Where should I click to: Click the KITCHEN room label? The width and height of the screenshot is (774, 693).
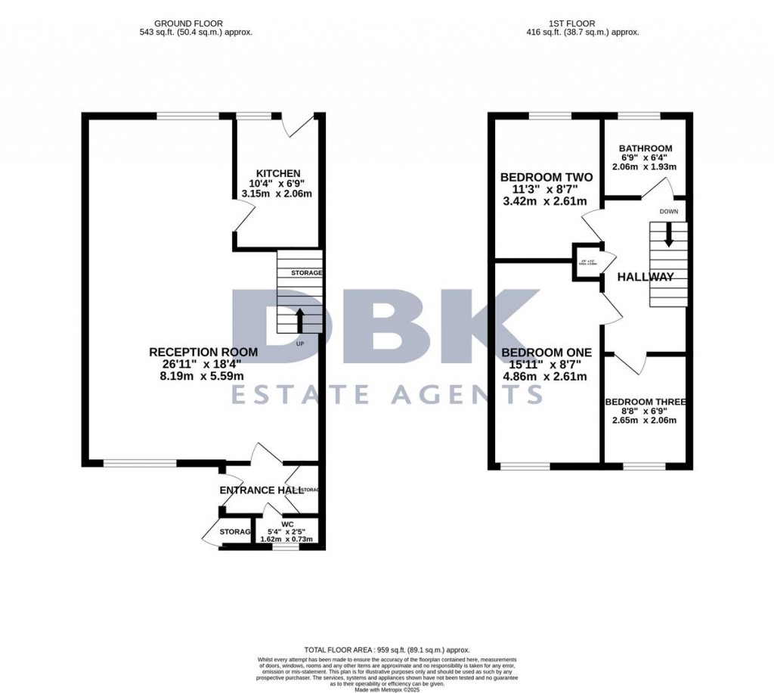pyautogui.click(x=278, y=173)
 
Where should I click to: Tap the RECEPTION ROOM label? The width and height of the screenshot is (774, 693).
pyautogui.click(x=203, y=352)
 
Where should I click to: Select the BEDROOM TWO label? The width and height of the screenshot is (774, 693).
pyautogui.click(x=546, y=177)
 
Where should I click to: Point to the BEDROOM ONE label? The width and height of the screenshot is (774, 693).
pyautogui.click(x=546, y=353)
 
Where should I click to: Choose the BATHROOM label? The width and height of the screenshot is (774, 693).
pyautogui.click(x=645, y=148)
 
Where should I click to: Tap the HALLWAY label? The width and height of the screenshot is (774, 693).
pyautogui.click(x=645, y=277)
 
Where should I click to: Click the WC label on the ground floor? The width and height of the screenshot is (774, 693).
pyautogui.click(x=286, y=523)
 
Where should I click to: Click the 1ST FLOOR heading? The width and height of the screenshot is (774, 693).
pyautogui.click(x=583, y=23)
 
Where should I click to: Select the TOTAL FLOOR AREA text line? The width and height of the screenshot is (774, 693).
pyautogui.click(x=387, y=650)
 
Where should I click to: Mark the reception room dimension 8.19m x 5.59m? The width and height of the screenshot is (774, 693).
pyautogui.click(x=203, y=375)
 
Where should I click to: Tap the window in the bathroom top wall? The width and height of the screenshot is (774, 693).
pyautogui.click(x=639, y=116)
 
